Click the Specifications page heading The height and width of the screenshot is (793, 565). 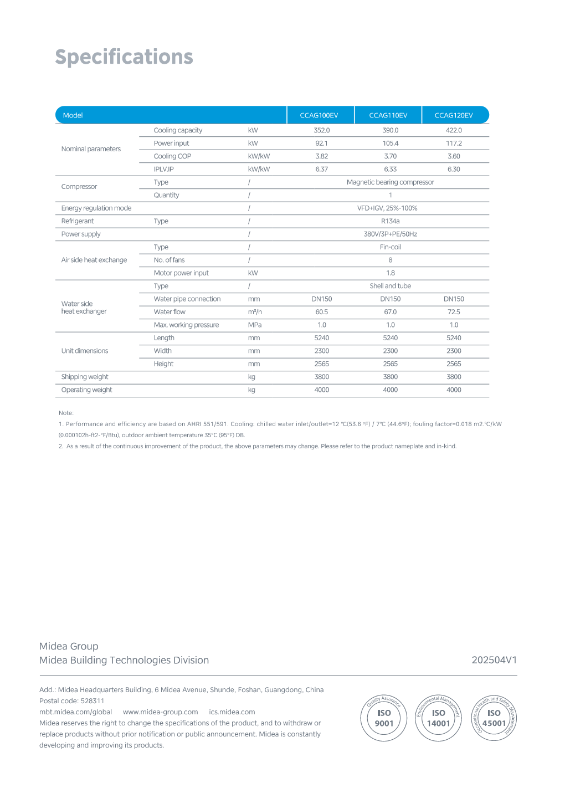[124, 57]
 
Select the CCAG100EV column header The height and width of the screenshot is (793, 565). [319, 115]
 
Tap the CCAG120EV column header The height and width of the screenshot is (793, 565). [454, 115]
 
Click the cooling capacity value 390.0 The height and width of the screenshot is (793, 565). [391, 130]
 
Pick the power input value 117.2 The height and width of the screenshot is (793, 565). [454, 143]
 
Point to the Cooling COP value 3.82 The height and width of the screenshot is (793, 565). [322, 156]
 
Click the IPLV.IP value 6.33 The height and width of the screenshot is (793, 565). [391, 169]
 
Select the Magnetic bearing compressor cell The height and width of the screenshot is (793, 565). [390, 182]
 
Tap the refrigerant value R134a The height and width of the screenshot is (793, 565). [390, 221]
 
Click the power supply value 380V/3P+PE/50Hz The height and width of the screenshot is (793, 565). [390, 234]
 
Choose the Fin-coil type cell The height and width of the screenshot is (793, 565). [390, 247]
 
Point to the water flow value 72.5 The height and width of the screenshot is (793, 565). [454, 312]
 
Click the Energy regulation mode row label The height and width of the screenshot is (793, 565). [96, 208]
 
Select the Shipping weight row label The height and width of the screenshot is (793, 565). [85, 377]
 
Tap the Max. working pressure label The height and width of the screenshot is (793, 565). [186, 325]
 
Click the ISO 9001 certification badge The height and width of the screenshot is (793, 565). [384, 718]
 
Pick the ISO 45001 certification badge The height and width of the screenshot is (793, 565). [494, 718]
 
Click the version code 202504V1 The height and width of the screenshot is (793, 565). [494, 660]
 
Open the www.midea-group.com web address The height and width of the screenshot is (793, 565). [160, 712]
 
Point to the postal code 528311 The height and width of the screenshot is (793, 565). [93, 701]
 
